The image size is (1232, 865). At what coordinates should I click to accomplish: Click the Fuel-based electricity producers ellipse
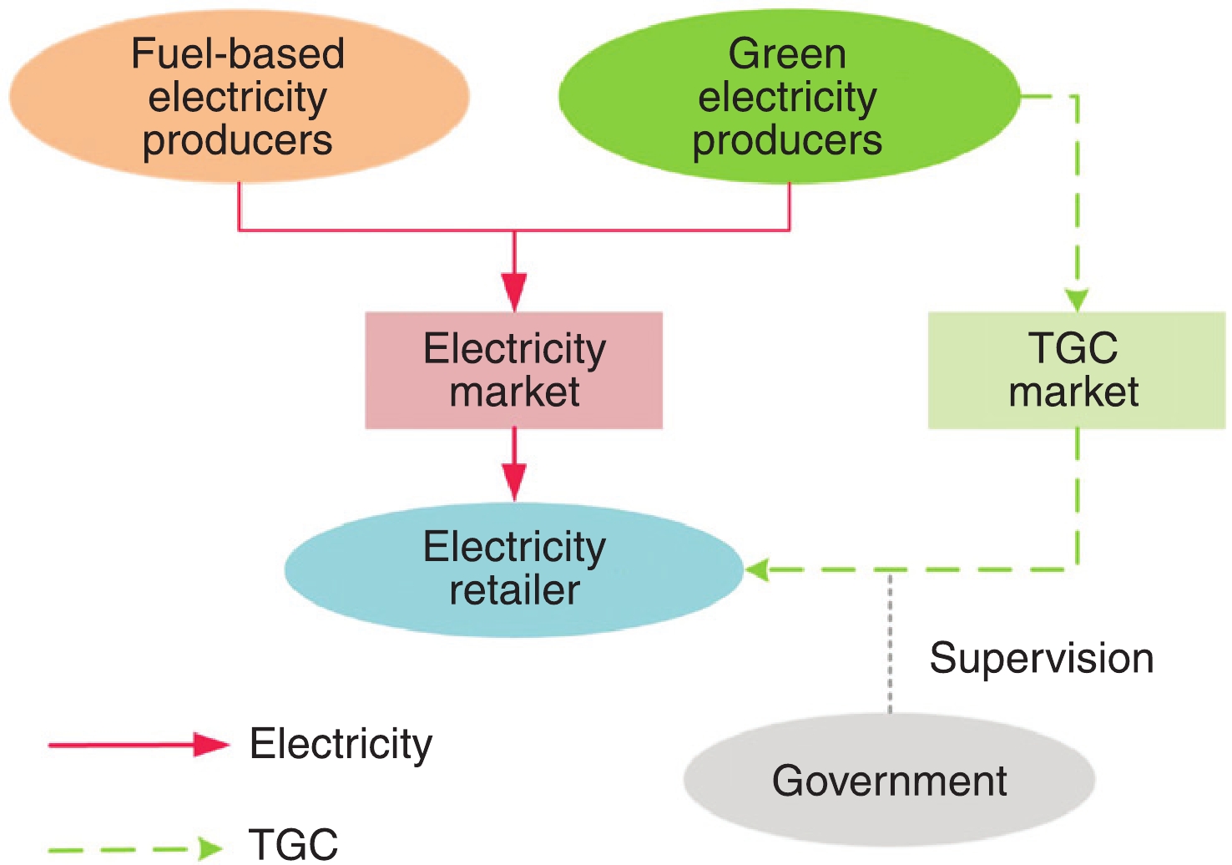pyautogui.click(x=238, y=97)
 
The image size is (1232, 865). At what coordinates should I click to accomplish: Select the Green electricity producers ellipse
pyautogui.click(x=788, y=97)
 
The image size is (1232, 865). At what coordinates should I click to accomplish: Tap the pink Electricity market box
pyautogui.click(x=513, y=371)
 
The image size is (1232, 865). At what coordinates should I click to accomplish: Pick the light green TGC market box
pyautogui.click(x=1076, y=371)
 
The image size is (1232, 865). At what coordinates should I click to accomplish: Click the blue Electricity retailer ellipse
pyautogui.click(x=513, y=569)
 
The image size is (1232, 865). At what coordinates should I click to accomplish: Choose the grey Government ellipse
pyautogui.click(x=889, y=780)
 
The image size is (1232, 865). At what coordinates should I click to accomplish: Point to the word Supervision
pyautogui.click(x=1041, y=658)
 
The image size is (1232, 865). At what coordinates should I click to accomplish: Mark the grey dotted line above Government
pyautogui.click(x=890, y=643)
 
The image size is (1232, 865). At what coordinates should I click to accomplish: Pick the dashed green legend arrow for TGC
pyautogui.click(x=134, y=849)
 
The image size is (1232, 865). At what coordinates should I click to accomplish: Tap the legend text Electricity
pyautogui.click(x=341, y=743)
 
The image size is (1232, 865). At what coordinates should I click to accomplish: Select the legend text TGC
pyautogui.click(x=293, y=845)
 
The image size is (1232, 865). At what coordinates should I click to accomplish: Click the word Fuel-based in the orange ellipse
pyautogui.click(x=238, y=54)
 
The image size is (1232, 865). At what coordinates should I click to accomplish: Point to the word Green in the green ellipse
pyautogui.click(x=787, y=54)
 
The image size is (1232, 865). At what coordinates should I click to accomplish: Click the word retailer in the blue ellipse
pyautogui.click(x=514, y=590)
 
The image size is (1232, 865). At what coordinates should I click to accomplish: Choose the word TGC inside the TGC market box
pyautogui.click(x=1073, y=348)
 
